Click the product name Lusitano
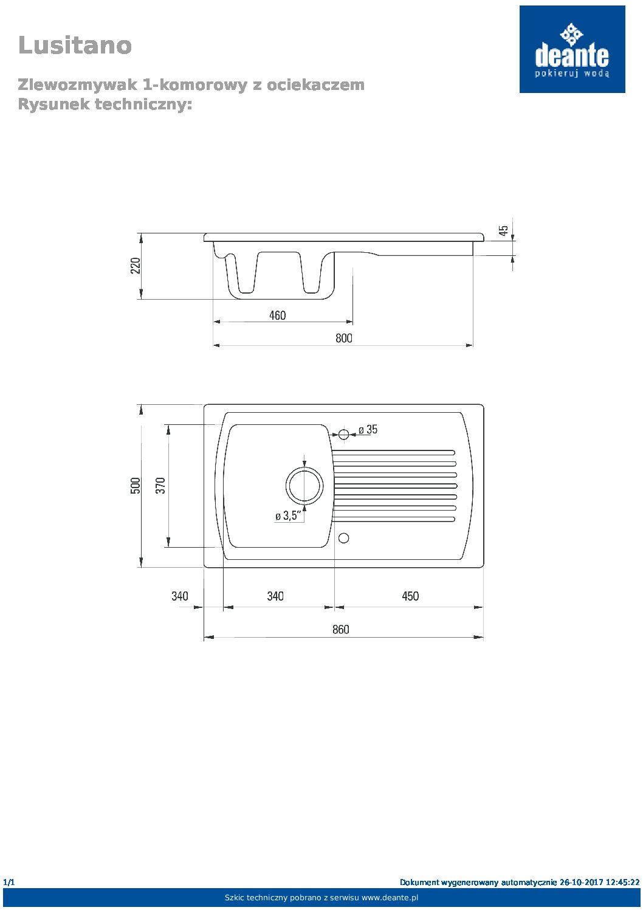coord(75,45)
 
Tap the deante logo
coord(572,49)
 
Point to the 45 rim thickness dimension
coord(503,231)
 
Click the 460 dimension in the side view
coord(277,315)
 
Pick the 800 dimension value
coord(343,338)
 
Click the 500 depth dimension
coord(136,486)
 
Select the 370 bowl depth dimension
coord(160,486)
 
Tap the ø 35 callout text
coord(368,429)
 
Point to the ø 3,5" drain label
coord(288,516)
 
